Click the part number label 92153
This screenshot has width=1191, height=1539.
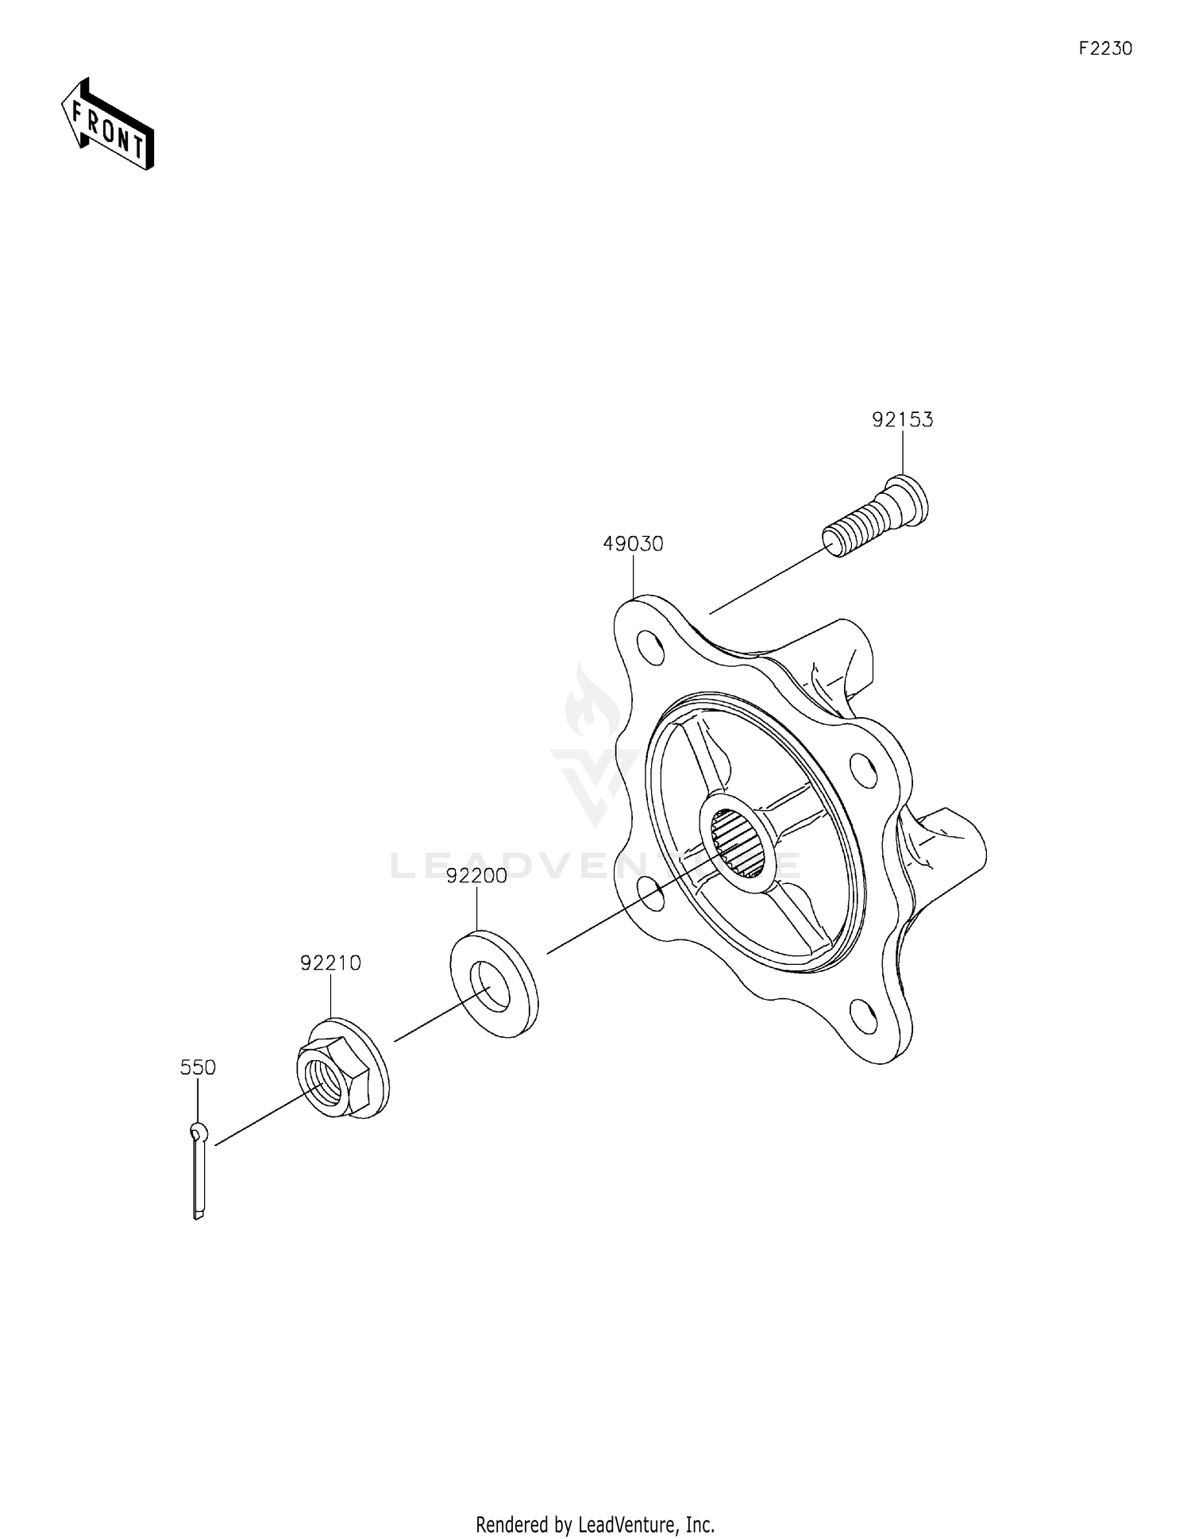pos(902,420)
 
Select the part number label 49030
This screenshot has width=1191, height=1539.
pos(633,544)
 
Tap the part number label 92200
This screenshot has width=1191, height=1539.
pos(476,876)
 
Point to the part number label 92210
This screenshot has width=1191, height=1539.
pos(330,963)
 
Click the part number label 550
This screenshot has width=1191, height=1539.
pos(198,1067)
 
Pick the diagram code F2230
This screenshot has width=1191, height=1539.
pos(1105,48)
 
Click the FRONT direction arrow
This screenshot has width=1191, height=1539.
pos(108,125)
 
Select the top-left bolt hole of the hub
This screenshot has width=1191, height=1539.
pos(652,647)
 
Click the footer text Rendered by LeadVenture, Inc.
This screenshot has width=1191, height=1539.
pos(595,1524)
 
